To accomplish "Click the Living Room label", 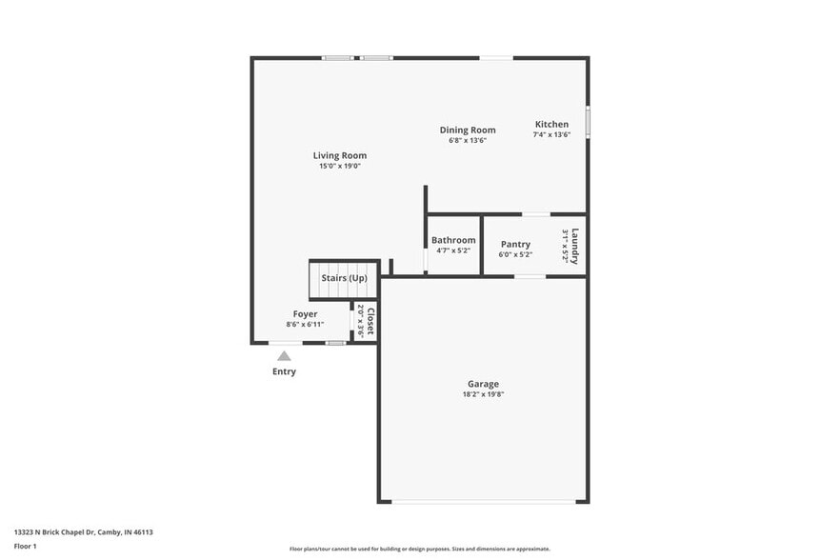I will coord(340,155).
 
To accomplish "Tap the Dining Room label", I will coord(468,130).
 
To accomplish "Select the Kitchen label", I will coord(551,125).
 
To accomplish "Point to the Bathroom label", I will coord(453,241).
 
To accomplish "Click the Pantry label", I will coord(515,245).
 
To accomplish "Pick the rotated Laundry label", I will coord(575,246).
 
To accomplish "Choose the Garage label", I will coord(483,384).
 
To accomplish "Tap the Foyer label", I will coord(305,314).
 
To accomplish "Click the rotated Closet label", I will coord(370,322).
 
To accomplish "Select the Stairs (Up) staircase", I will coord(344,278).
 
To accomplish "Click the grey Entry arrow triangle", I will coord(284,355).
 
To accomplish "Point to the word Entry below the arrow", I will coord(284,371).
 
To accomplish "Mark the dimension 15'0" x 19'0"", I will coord(340,167).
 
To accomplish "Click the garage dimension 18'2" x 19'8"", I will coord(483,394).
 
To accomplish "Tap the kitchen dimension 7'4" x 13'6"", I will coord(551,135).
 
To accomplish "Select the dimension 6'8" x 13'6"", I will coord(468,141).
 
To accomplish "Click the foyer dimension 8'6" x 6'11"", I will coord(305,325).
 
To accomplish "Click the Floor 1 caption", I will coord(26,546).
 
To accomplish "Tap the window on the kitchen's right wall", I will coord(588,122).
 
